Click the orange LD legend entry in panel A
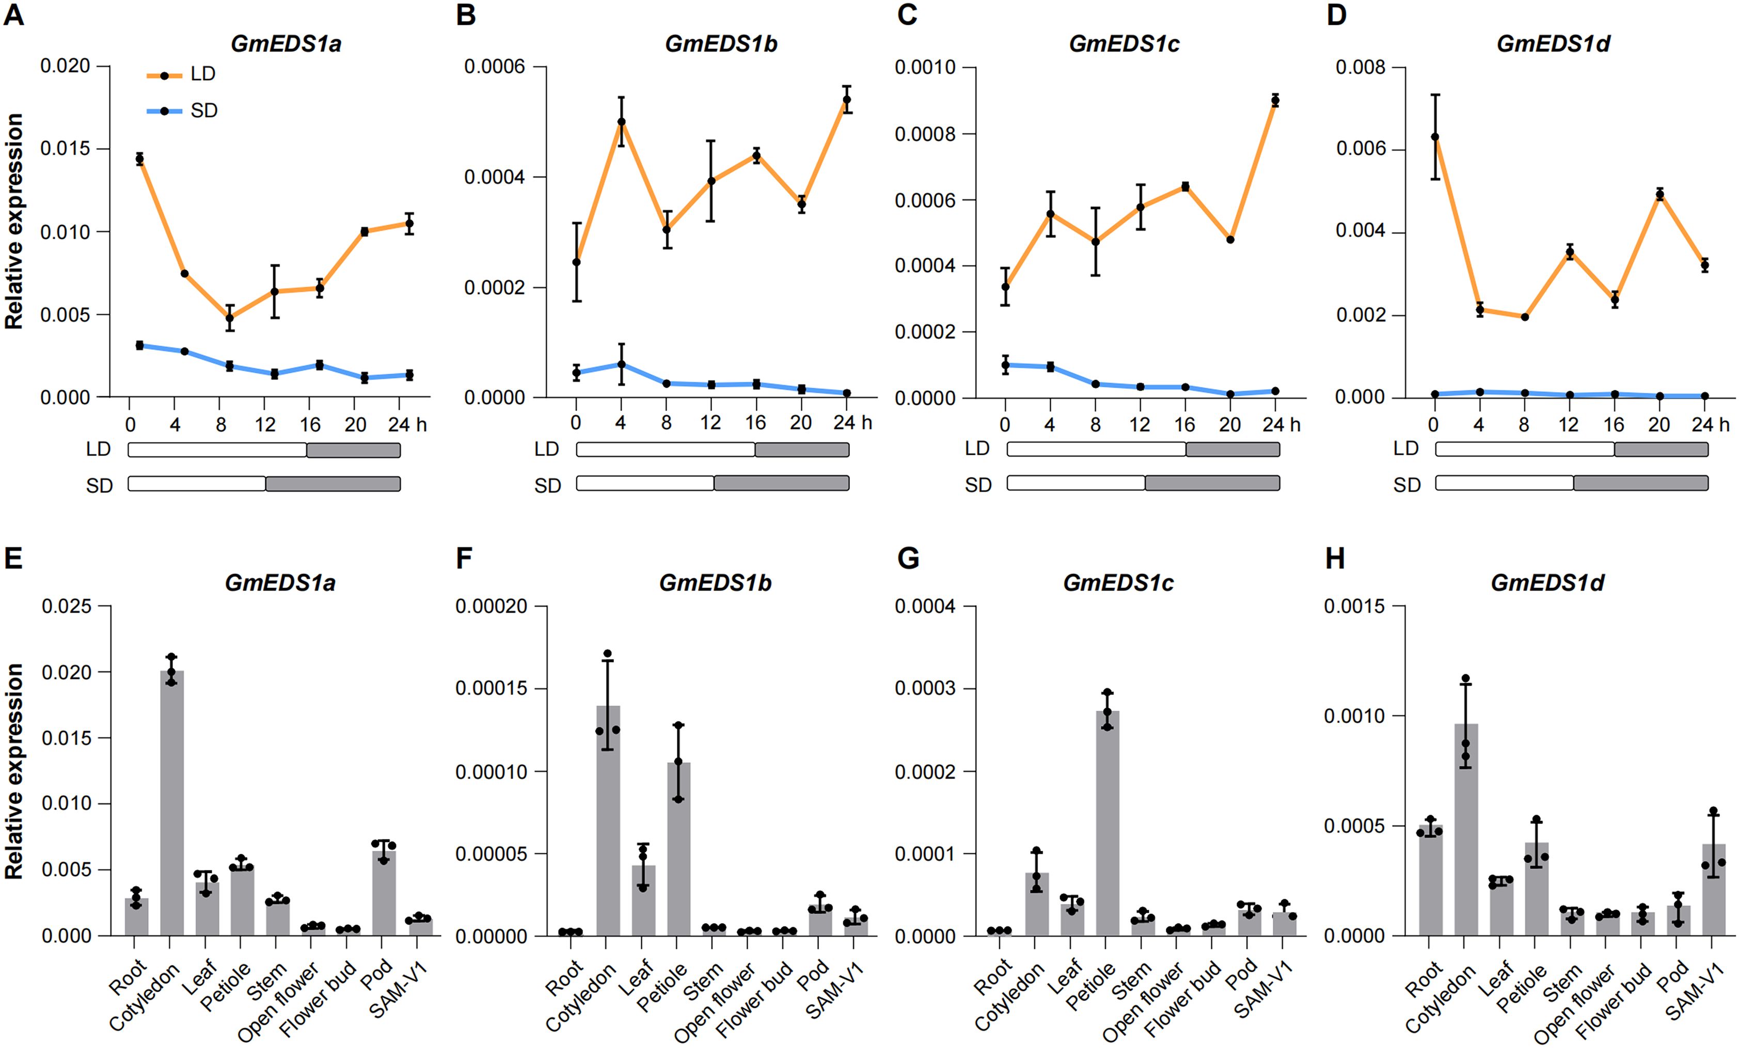(x=181, y=74)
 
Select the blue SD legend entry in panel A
(x=181, y=111)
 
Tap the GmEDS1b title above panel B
(x=721, y=44)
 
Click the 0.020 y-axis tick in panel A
(x=65, y=66)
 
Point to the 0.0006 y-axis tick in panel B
(x=494, y=67)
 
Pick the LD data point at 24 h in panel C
(x=1275, y=100)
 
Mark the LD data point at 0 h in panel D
(x=1435, y=137)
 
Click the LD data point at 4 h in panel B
(x=621, y=121)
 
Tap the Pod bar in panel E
(x=384, y=893)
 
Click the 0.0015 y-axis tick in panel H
(x=1354, y=606)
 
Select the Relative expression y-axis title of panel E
(x=14, y=771)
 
